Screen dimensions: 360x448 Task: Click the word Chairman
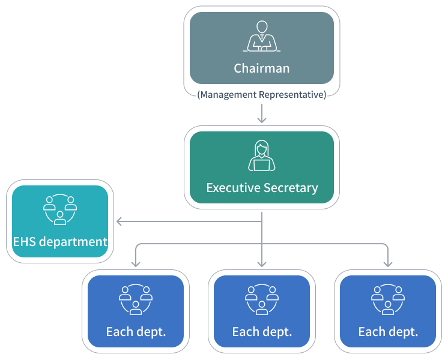point(261,68)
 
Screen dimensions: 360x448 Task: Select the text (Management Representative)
point(261,95)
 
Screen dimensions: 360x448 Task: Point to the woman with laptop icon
point(261,156)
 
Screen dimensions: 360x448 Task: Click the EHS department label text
point(60,242)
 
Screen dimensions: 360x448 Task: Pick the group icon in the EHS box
point(60,209)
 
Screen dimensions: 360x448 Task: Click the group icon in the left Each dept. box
point(136,299)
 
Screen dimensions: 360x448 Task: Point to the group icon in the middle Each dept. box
point(262,299)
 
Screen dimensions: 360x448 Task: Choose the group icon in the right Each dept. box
point(388,299)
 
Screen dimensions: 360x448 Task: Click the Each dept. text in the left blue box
point(136,332)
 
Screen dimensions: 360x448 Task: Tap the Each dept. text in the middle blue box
point(262,332)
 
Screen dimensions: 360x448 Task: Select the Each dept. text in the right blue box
point(388,332)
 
